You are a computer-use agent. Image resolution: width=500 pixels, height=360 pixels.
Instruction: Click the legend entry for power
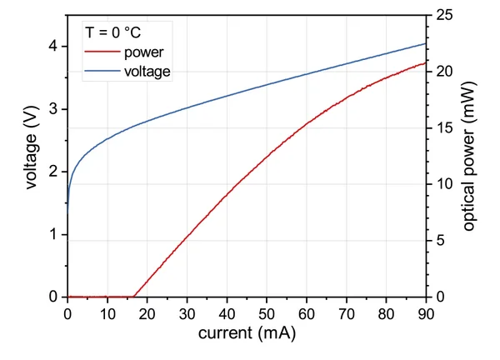pos(143,53)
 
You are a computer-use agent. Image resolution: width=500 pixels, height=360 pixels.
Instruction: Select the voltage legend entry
pos(147,72)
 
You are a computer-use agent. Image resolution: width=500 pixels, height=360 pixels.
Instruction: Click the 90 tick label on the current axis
pos(425,312)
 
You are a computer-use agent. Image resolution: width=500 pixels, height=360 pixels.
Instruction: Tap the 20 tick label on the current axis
pos(147,312)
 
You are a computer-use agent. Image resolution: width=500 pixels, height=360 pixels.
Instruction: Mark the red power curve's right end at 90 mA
pos(426,62)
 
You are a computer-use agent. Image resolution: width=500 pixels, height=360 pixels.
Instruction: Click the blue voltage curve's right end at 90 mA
pos(426,43)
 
